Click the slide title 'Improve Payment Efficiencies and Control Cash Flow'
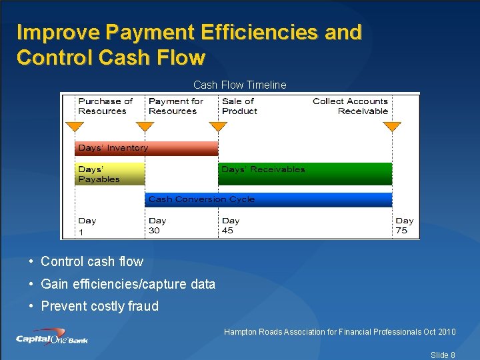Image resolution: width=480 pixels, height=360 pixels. pyautogui.click(x=189, y=45)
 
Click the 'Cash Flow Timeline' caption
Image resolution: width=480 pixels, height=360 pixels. pyautogui.click(x=239, y=85)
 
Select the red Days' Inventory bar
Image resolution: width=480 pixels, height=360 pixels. pyautogui.click(x=146, y=148)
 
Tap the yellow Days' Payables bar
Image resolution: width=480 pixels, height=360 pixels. pyautogui.click(x=109, y=174)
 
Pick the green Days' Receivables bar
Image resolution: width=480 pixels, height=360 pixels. pyautogui.click(x=305, y=174)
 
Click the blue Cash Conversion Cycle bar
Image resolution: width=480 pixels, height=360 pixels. pyautogui.click(x=268, y=199)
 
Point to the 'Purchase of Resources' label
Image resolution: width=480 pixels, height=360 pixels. pyautogui.click(x=105, y=106)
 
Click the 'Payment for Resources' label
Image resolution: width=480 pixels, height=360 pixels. pyautogui.click(x=175, y=106)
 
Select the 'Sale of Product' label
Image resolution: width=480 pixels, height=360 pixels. pyautogui.click(x=239, y=106)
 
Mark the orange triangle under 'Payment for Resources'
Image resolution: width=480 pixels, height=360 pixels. pyautogui.click(x=145, y=127)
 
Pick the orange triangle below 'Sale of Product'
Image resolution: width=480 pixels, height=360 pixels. pyautogui.click(x=218, y=127)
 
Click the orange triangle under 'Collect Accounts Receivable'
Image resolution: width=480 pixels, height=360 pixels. pyautogui.click(x=392, y=127)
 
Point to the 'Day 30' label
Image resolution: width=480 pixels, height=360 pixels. pyautogui.click(x=157, y=225)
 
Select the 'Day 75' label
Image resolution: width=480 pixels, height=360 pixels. pyautogui.click(x=404, y=225)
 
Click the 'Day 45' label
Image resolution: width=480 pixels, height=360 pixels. pyautogui.click(x=231, y=225)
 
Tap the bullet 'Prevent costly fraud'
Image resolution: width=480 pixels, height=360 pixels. pyautogui.click(x=99, y=306)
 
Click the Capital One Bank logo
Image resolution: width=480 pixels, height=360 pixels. pyautogui.click(x=52, y=337)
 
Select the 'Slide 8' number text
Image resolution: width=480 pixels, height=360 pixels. pyautogui.click(x=443, y=355)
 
